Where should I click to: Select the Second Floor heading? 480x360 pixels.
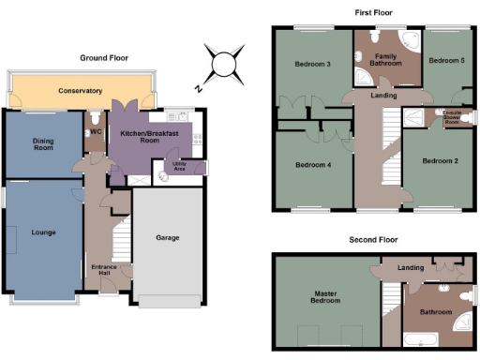(373, 240)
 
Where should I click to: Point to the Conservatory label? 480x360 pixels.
(80, 92)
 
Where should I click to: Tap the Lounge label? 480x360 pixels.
(41, 232)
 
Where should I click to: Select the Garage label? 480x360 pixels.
(167, 237)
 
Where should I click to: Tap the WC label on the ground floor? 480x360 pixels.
(97, 132)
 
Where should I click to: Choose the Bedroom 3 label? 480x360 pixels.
(313, 65)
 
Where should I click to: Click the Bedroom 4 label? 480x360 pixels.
(313, 165)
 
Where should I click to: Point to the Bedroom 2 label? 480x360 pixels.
(440, 160)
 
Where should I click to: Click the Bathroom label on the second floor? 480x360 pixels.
(436, 311)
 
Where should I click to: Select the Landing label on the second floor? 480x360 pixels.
(411, 268)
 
